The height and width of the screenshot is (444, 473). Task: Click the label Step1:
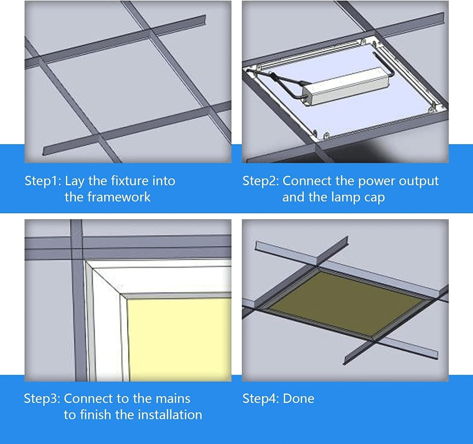click(x=43, y=181)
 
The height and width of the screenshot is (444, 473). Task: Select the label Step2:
click(x=260, y=181)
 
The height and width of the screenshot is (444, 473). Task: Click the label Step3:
click(x=42, y=399)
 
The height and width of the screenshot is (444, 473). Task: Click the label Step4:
click(x=260, y=399)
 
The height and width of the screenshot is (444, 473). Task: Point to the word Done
click(x=299, y=399)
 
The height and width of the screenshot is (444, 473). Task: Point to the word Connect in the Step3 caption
click(x=88, y=399)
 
